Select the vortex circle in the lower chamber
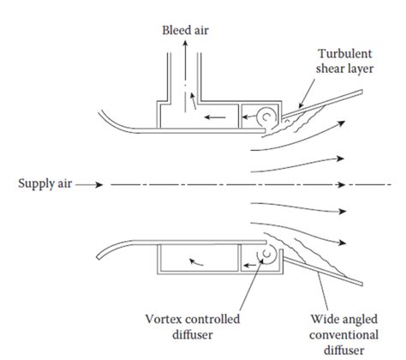265,254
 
